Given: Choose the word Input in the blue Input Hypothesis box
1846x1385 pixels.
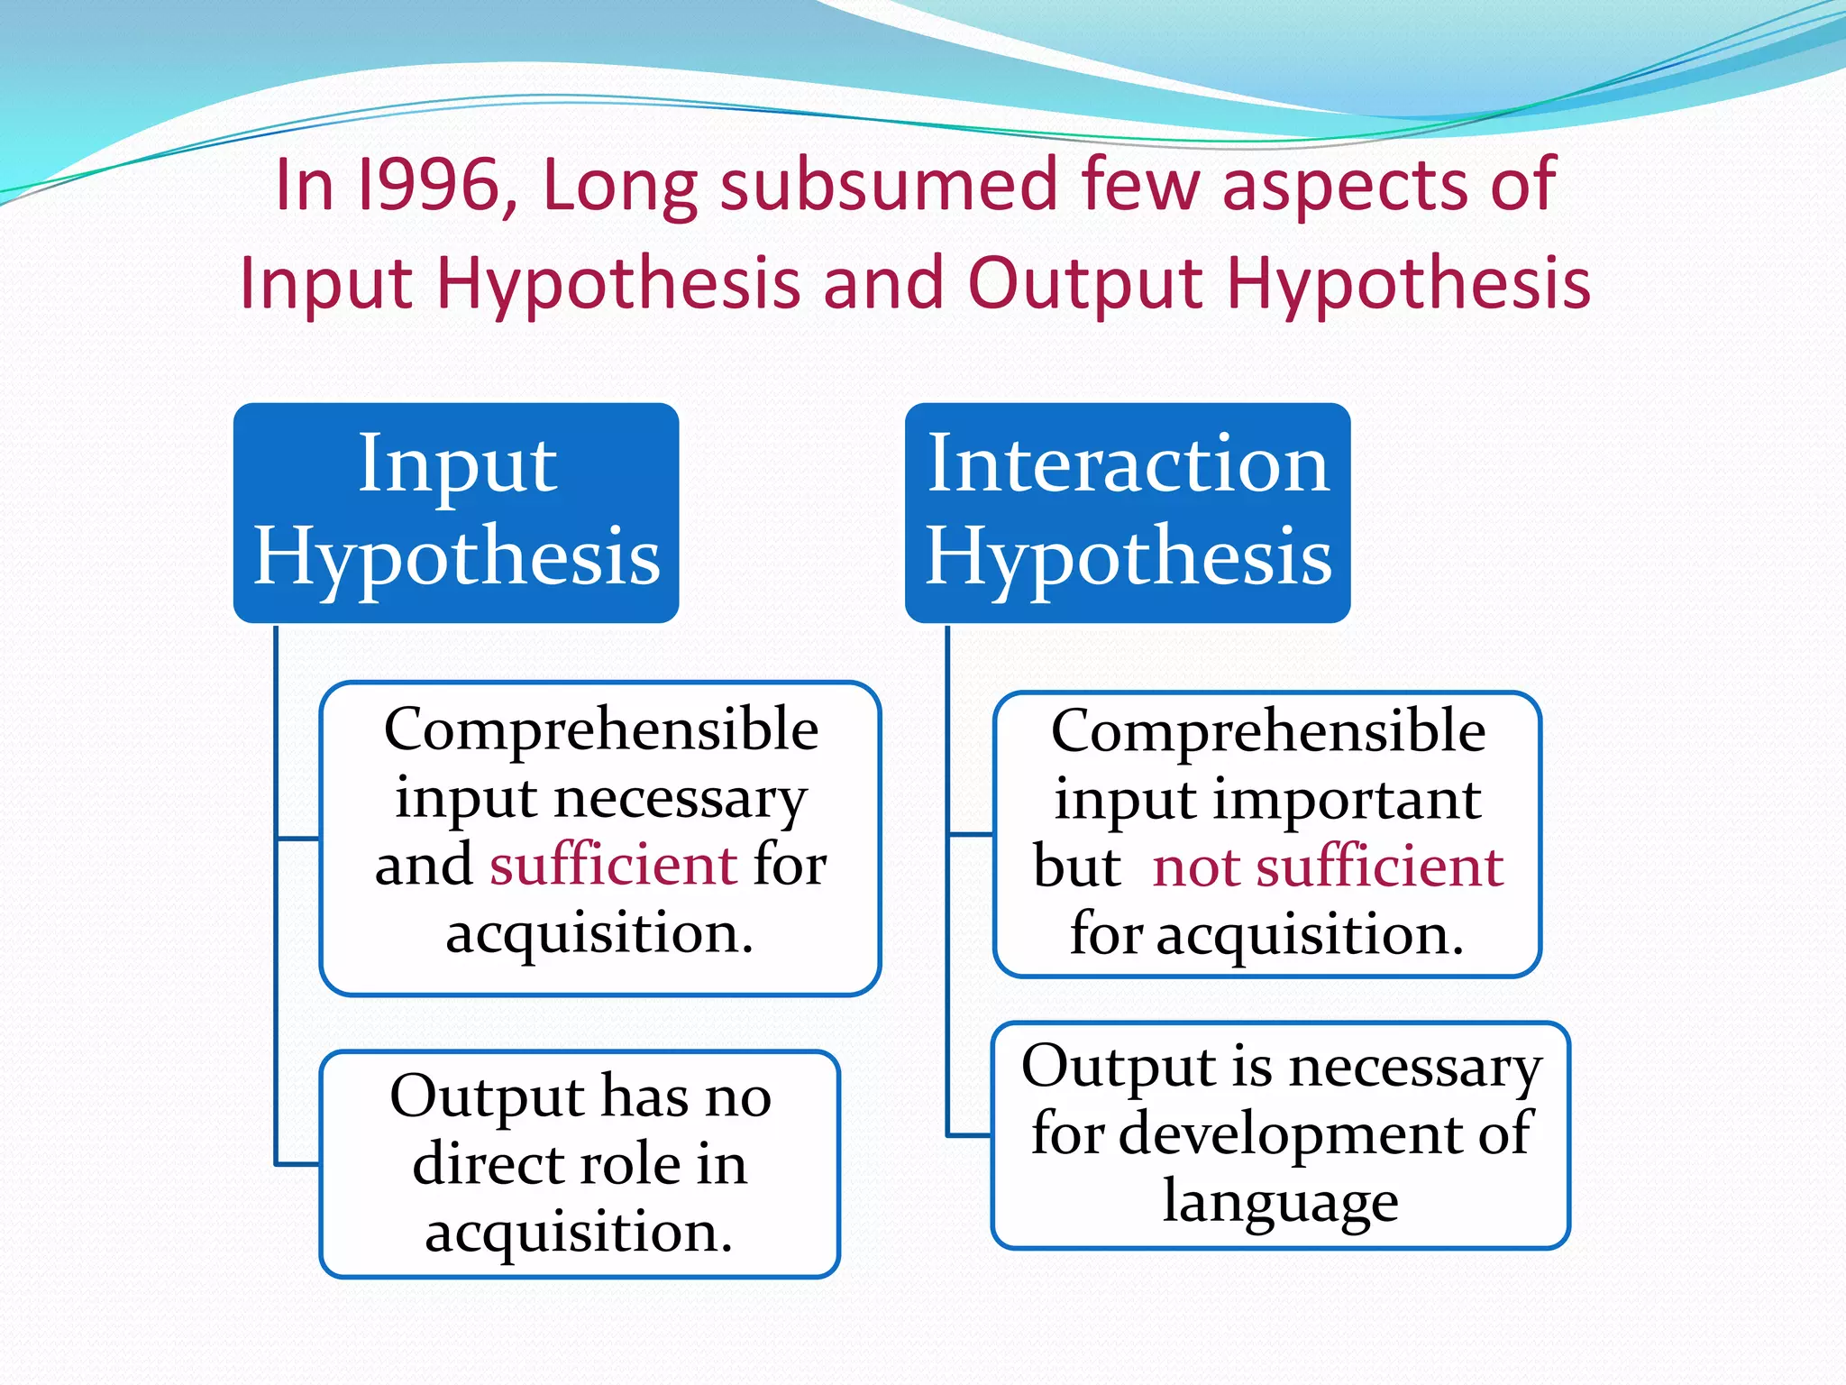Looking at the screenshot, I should [457, 465].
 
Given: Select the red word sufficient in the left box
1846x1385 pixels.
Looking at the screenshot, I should [614, 865].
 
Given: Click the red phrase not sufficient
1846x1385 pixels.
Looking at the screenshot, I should [1328, 867].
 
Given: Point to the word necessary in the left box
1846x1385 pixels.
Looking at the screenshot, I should [680, 799].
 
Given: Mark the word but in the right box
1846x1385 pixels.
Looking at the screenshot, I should [1076, 867].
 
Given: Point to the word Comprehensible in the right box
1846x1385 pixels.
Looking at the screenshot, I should [1267, 730].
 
